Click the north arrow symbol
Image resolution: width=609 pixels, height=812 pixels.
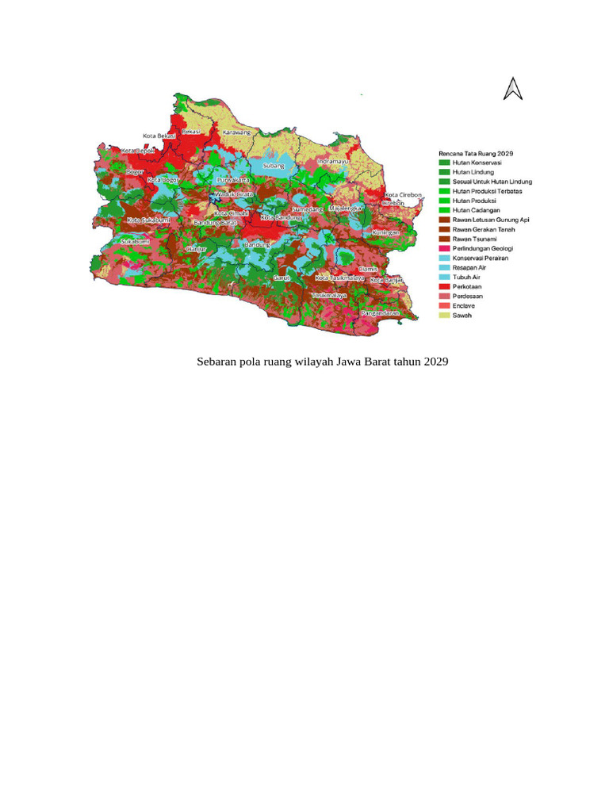point(513,89)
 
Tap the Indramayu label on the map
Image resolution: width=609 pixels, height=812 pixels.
point(333,161)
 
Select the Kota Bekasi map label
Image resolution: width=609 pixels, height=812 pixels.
point(159,136)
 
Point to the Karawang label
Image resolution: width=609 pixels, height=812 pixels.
point(236,132)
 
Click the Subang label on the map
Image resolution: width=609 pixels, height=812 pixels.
point(274,166)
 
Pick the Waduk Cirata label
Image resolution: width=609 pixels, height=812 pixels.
point(234,194)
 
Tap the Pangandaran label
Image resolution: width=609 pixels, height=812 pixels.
point(378,313)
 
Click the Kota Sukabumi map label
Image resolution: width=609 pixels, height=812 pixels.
point(149,220)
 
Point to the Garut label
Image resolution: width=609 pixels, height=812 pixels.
point(282,278)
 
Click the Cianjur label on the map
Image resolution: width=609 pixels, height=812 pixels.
point(195,249)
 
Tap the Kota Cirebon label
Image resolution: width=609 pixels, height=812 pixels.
point(403,195)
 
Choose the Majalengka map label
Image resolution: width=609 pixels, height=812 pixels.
point(346,208)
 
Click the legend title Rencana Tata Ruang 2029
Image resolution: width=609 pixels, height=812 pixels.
point(477,151)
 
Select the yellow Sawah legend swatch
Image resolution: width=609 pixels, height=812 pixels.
point(444,316)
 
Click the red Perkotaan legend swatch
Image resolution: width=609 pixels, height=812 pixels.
point(444,286)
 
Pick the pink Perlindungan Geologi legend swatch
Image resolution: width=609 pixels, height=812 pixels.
point(444,248)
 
